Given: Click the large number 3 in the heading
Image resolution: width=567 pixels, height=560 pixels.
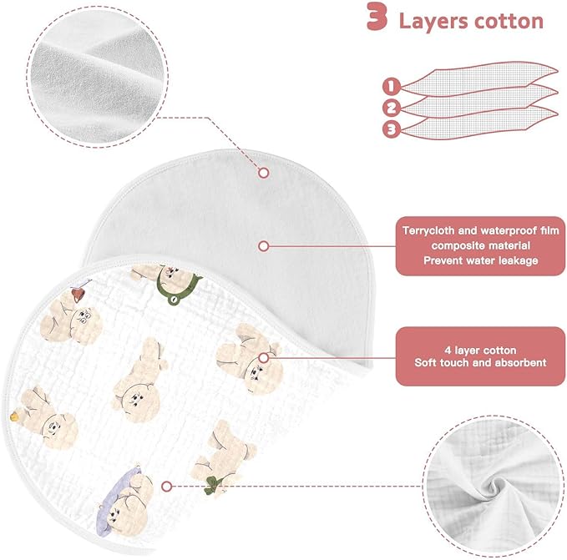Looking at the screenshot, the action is [377, 16].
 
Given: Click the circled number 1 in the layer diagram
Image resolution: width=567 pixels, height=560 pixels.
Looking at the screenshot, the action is [392, 87].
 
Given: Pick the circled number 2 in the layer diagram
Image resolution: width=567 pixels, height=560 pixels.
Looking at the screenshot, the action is [392, 108].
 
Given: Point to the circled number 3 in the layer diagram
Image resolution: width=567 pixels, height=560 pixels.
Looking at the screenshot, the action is [392, 129].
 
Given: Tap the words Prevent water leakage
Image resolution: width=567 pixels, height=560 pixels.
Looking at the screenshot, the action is [481, 260].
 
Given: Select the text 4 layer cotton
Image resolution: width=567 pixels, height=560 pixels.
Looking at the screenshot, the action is [481, 350].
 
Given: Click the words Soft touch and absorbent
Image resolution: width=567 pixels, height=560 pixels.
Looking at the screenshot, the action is [481, 362].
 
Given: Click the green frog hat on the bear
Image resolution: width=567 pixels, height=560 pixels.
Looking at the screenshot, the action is [177, 286].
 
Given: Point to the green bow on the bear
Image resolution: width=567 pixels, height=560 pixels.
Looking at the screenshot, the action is [213, 485].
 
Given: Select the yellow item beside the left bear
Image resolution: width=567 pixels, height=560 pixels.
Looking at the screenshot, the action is [15, 416].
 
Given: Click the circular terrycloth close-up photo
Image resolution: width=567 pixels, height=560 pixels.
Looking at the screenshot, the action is [98, 77].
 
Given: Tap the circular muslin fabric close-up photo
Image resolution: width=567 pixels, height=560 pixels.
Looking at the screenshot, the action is [494, 486].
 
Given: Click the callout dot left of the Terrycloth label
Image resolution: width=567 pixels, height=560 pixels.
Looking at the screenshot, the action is [264, 246].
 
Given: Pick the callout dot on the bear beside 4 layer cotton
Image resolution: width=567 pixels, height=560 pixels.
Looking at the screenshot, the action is [264, 358].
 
